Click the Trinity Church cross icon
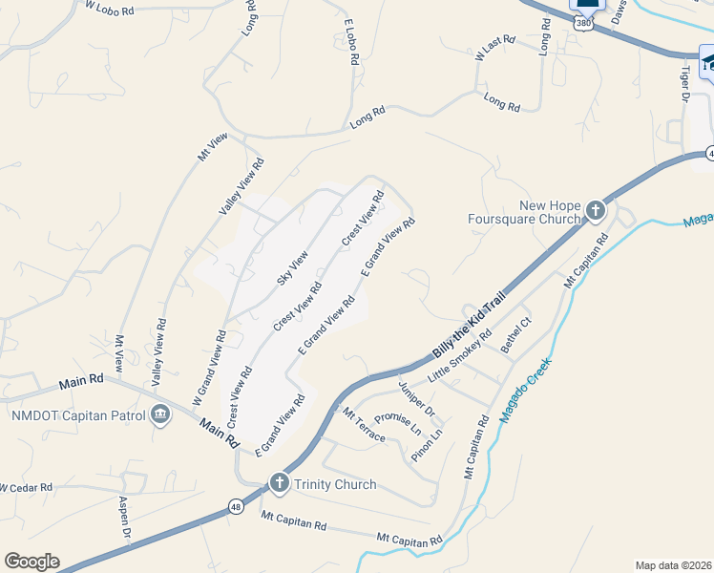[279, 483]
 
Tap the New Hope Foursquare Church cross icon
[595, 210]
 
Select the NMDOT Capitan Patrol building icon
[160, 414]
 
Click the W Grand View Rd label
[209, 364]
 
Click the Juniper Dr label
[416, 398]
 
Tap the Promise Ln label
[397, 423]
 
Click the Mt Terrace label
[364, 426]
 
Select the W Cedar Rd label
[26, 487]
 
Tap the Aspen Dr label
[123, 517]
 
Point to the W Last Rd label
[494, 50]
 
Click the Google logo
[31, 562]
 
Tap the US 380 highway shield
[585, 21]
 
